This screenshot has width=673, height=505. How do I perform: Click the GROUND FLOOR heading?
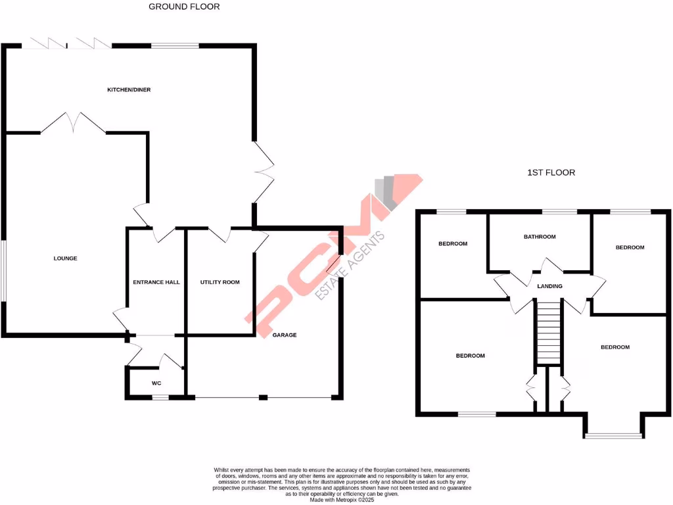click(184, 7)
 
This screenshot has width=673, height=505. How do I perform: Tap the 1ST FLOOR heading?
click(551, 173)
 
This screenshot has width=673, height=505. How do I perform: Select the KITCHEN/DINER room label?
click(129, 89)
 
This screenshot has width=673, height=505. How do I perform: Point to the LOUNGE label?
click(66, 258)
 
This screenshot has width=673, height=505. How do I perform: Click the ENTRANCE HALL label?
click(156, 282)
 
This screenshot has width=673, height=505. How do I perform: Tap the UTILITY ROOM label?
click(220, 282)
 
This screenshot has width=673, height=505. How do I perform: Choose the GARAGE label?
click(285, 335)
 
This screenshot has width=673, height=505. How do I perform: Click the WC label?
click(156, 383)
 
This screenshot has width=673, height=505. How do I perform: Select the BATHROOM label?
click(540, 237)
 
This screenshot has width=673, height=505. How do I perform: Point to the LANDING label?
click(549, 286)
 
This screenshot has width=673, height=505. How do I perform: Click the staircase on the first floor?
click(548, 331)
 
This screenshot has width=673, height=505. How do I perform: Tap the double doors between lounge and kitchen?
click(74, 123)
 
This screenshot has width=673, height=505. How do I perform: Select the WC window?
click(160, 397)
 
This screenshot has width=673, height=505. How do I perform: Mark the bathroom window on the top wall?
click(559, 212)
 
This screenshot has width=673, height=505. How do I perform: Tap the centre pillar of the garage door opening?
click(263, 397)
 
